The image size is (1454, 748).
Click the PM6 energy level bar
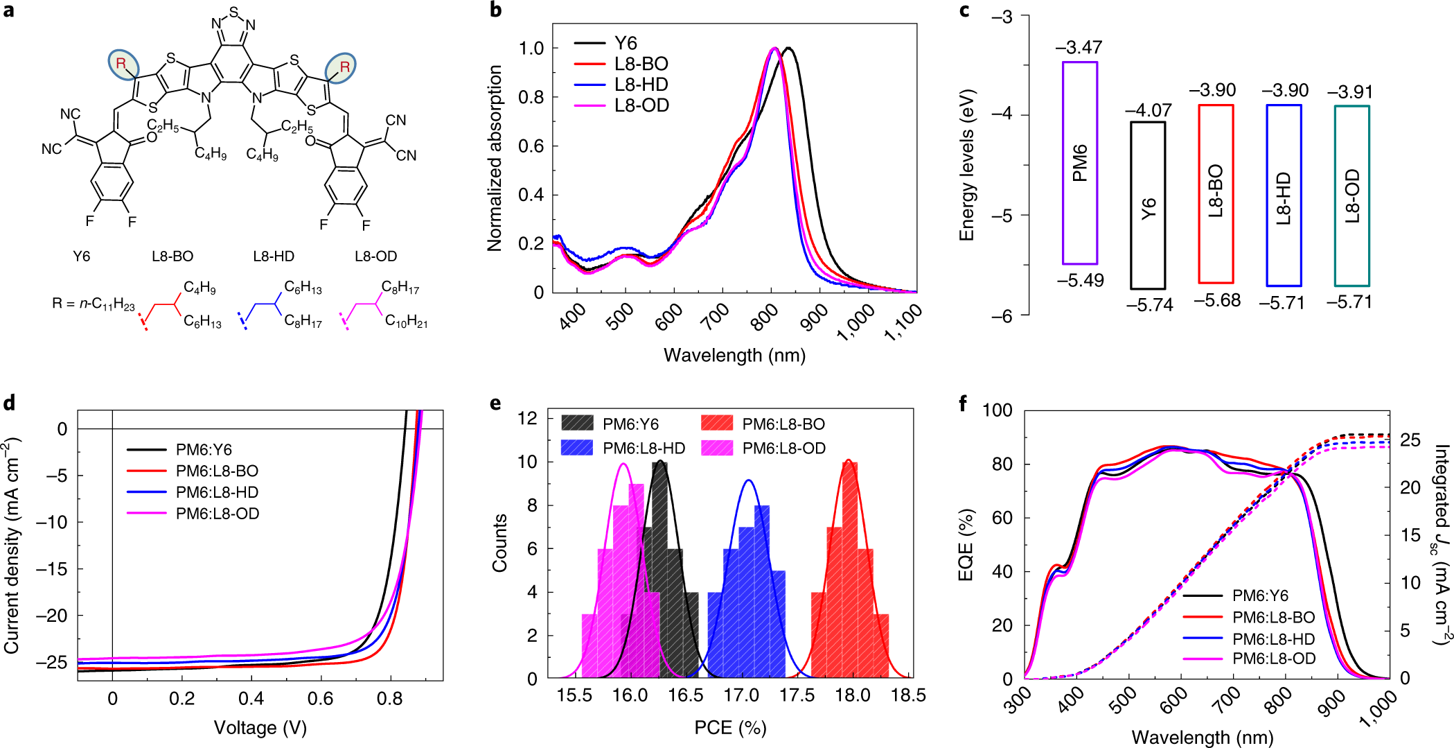point(1080,163)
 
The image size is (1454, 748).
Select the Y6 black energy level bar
point(1148,206)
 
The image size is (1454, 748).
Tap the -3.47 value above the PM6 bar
point(1079,47)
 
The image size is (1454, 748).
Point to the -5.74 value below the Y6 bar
point(1149,305)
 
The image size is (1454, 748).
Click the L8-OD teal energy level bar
point(1351,195)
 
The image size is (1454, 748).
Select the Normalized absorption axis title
point(494,158)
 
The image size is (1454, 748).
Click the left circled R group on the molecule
point(123,64)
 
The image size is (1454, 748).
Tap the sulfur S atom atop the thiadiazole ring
point(233,12)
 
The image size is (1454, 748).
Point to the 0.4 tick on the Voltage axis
point(251,698)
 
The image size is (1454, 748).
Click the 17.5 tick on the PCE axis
point(797,695)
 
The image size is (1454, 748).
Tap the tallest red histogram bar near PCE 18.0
point(850,568)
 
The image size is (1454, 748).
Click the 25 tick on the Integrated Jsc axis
point(1410,440)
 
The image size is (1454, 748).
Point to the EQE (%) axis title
point(966,545)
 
